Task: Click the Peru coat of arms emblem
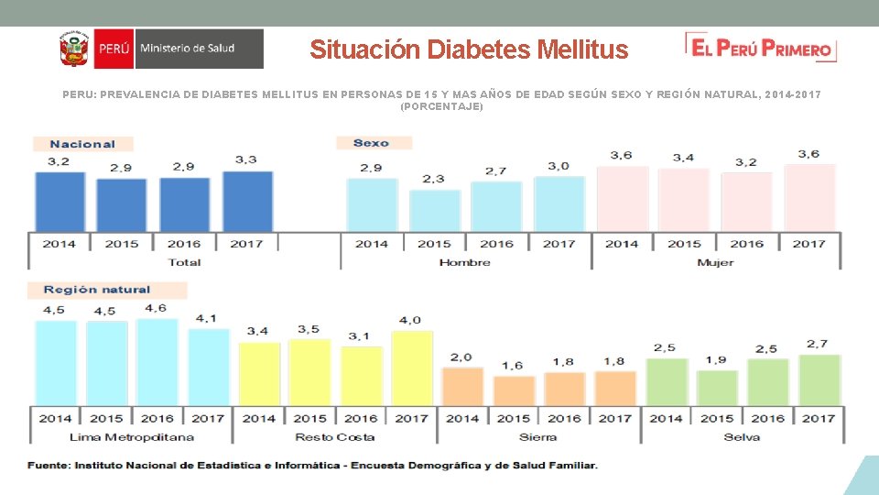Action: [72, 49]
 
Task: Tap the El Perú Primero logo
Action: [761, 49]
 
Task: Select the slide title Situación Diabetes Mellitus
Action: [469, 49]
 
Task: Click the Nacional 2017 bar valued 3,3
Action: [247, 202]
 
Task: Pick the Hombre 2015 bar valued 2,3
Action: [434, 211]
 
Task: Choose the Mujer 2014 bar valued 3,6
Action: [622, 198]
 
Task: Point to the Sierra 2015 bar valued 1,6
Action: [513, 390]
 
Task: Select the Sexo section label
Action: [371, 143]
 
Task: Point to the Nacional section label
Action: [82, 144]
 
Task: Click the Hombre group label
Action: [464, 262]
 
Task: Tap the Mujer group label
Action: [715, 262]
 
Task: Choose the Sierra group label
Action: [537, 437]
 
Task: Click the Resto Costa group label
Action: [334, 437]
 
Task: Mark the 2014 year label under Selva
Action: [666, 418]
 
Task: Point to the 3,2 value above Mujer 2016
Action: [745, 162]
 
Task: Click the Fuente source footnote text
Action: [312, 466]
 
